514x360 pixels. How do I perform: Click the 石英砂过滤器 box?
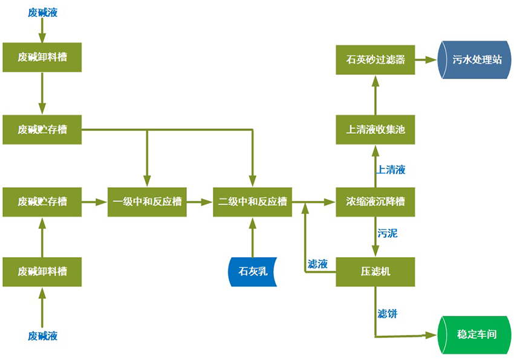[375, 60]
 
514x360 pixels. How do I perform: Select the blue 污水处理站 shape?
[477, 60]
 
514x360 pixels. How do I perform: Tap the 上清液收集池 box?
[375, 129]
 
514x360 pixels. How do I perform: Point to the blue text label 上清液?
[391, 170]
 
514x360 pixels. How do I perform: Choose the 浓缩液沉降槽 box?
[375, 201]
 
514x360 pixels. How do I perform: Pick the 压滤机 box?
[375, 272]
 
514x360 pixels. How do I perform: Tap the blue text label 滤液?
[317, 264]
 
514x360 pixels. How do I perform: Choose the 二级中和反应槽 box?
[253, 201]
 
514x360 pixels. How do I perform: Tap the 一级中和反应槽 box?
[148, 201]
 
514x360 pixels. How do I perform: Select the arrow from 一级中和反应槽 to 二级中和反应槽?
[200, 201]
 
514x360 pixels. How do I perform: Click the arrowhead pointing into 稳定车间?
[432, 335]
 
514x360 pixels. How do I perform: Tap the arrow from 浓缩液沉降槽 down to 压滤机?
[375, 237]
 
